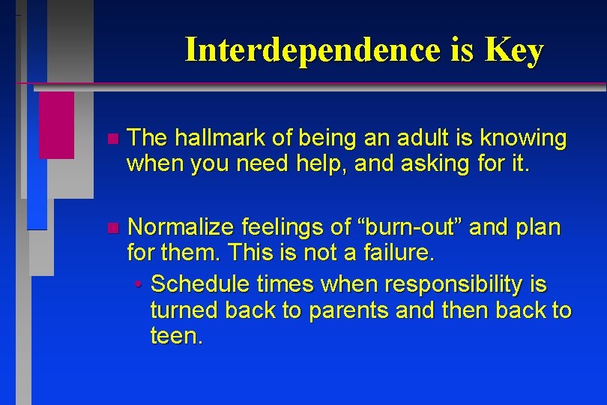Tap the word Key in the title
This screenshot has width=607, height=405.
513,50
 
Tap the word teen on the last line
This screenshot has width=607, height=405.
175,336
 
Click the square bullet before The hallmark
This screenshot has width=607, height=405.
112,139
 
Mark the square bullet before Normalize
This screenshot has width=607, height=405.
112,227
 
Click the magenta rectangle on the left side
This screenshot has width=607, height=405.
56,124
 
